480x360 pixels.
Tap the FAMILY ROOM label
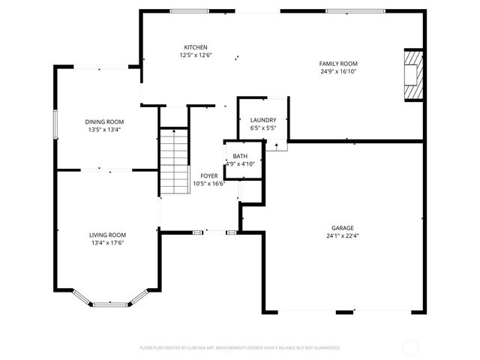338,64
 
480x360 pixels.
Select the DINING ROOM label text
103,121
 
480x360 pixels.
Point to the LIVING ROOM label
108,235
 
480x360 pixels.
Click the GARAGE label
343,228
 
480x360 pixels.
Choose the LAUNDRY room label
263,120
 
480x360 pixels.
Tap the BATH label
240,156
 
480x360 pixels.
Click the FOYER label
208,175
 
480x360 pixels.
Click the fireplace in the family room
412,74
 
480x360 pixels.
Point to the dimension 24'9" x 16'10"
338,72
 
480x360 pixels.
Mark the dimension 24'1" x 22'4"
343,236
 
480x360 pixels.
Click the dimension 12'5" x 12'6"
196,55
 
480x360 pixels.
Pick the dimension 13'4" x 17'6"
108,243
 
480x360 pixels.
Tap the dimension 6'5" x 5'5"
263,128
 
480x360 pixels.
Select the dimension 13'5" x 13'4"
103,130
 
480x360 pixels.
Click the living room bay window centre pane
110,304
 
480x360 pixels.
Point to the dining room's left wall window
54,124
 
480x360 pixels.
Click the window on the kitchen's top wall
190,10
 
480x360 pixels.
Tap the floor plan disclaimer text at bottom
240,348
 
